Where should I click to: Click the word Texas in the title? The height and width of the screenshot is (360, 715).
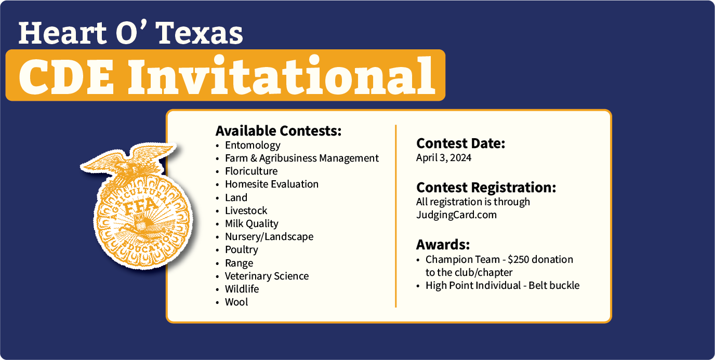pyautogui.click(x=201, y=33)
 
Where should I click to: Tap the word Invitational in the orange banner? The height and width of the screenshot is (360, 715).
pyautogui.click(x=282, y=76)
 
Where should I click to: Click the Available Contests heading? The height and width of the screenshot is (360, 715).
pyautogui.click(x=279, y=131)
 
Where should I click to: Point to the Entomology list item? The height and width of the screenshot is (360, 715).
pyautogui.click(x=253, y=145)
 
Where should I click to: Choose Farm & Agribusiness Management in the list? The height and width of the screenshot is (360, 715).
pyautogui.click(x=301, y=158)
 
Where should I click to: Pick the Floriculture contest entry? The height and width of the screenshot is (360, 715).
pyautogui.click(x=251, y=171)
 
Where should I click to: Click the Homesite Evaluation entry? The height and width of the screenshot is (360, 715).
pyautogui.click(x=272, y=184)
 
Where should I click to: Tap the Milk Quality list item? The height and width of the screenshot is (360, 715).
pyautogui.click(x=251, y=224)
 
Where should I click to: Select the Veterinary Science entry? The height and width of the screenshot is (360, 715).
pyautogui.click(x=267, y=276)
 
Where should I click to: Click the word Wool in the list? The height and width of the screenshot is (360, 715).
pyautogui.click(x=236, y=302)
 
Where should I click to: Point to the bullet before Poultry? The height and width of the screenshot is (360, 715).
pyautogui.click(x=217, y=250)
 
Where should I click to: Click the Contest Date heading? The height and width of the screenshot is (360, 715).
pyautogui.click(x=460, y=143)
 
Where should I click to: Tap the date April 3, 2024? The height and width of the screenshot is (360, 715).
pyautogui.click(x=444, y=157)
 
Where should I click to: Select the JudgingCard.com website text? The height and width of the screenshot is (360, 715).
pyautogui.click(x=456, y=215)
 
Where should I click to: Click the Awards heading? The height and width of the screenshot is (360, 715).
pyautogui.click(x=443, y=245)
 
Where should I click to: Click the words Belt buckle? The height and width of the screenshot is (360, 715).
pyautogui.click(x=554, y=285)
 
